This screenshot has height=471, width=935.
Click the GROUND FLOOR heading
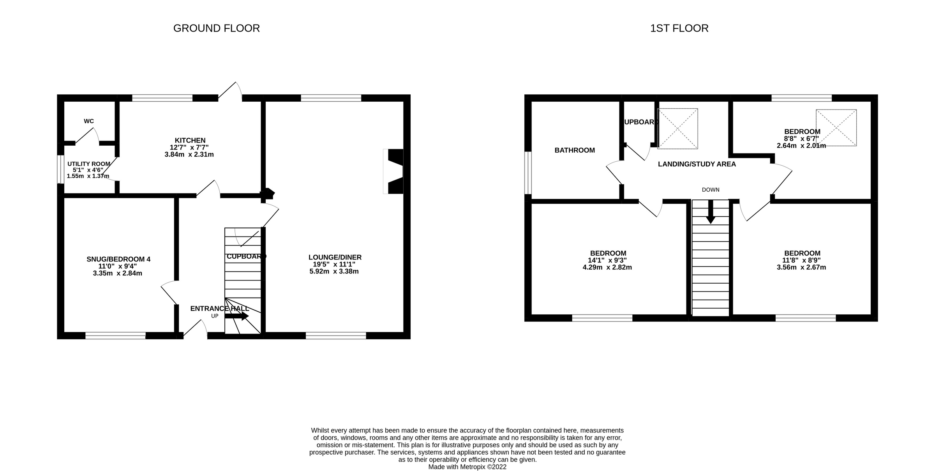click(x=216, y=28)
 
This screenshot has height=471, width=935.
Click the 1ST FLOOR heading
click(x=679, y=28)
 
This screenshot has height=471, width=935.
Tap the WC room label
click(x=89, y=121)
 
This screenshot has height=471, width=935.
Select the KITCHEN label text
click(x=190, y=140)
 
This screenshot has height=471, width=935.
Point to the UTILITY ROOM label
click(x=89, y=164)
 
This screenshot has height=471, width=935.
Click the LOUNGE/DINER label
click(x=335, y=257)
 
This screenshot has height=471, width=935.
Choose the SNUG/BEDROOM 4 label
click(x=118, y=259)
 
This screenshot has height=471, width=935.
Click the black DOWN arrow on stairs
click(x=711, y=212)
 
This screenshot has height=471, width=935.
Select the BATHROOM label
click(x=575, y=150)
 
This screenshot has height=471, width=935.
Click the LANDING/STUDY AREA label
click(x=697, y=164)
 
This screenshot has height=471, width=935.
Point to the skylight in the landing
click(x=677, y=129)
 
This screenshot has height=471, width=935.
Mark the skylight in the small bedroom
click(x=836, y=128)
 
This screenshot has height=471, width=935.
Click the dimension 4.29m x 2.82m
click(x=607, y=268)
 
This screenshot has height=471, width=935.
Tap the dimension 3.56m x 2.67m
click(x=801, y=268)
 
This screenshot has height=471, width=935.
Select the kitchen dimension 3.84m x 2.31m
click(x=189, y=155)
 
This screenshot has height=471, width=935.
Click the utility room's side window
click(x=61, y=169)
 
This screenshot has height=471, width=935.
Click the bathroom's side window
click(x=528, y=173)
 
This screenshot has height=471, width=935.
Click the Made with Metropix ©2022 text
click(x=467, y=467)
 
